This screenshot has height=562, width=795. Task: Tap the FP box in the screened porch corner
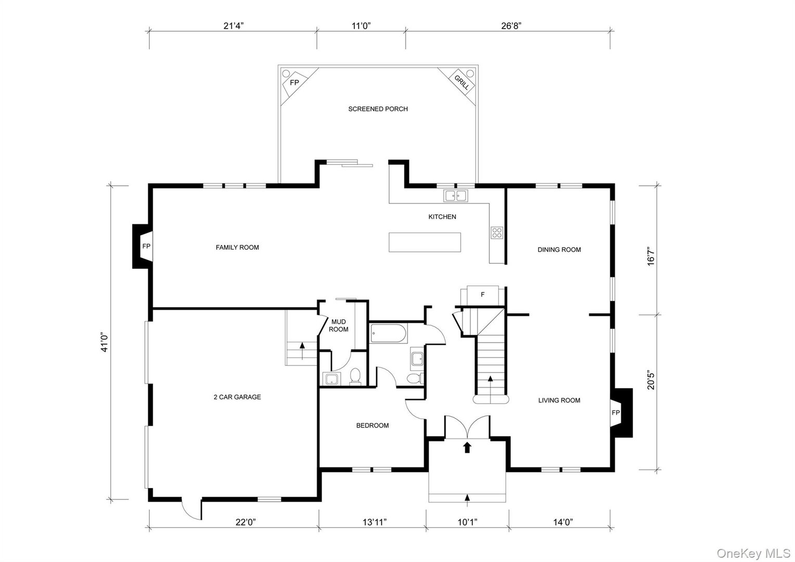point(294,83)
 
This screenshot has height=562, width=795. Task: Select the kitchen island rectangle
point(425,242)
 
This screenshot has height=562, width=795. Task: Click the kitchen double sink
point(456,196)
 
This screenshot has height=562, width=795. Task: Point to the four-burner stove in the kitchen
point(496,233)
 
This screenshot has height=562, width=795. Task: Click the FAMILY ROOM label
point(237,247)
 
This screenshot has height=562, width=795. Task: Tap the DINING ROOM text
point(559,250)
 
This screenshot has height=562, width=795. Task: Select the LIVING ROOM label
point(559,400)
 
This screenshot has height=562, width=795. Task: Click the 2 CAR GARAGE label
point(237,397)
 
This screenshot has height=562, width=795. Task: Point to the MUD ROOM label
point(338,326)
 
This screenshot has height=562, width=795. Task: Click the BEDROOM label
point(372,426)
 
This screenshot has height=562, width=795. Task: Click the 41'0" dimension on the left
point(106,342)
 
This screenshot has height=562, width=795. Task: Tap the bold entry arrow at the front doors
point(467,446)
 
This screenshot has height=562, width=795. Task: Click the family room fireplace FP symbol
point(146,246)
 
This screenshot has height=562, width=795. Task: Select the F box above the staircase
point(483,295)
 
